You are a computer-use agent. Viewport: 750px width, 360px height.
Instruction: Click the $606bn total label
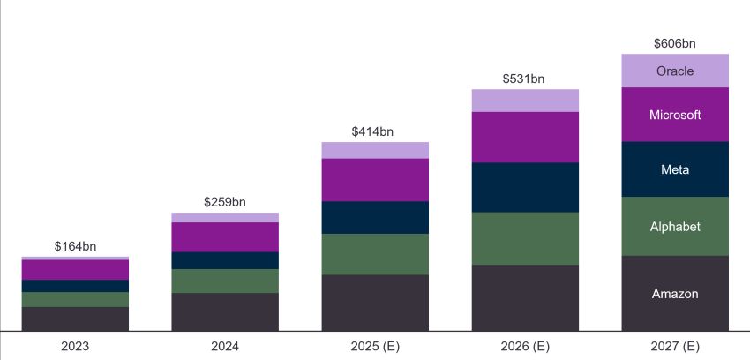tap(675, 42)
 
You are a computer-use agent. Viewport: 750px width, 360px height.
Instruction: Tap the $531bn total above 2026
tap(524, 79)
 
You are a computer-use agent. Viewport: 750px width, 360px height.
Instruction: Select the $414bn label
tap(373, 131)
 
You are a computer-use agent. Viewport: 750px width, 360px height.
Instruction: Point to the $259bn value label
tap(225, 202)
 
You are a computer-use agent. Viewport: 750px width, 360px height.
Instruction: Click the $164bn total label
tap(75, 246)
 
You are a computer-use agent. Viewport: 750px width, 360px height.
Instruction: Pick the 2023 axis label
tap(75, 347)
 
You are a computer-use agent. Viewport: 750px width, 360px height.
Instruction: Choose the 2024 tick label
tap(225, 347)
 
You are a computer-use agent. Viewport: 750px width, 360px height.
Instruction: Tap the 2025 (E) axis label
tap(375, 347)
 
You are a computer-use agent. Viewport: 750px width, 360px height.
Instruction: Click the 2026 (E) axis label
tap(525, 347)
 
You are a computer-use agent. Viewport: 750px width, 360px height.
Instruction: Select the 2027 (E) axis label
tap(675, 347)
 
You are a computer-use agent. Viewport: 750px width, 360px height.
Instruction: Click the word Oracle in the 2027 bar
tap(675, 71)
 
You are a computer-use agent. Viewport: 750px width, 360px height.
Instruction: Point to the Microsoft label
tap(675, 115)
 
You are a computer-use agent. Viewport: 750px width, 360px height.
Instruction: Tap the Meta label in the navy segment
tap(675, 169)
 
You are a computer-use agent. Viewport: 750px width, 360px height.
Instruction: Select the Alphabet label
tap(675, 227)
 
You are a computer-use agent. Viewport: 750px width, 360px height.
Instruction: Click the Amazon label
tap(675, 294)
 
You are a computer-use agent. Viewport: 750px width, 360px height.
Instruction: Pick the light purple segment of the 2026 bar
tap(525, 101)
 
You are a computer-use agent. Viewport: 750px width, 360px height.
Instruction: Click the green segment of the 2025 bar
tap(375, 254)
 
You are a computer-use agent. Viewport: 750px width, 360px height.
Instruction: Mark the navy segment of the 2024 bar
tap(225, 260)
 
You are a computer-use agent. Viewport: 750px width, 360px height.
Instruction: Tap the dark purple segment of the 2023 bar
tap(75, 270)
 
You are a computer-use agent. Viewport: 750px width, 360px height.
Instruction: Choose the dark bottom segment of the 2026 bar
tap(525, 297)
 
